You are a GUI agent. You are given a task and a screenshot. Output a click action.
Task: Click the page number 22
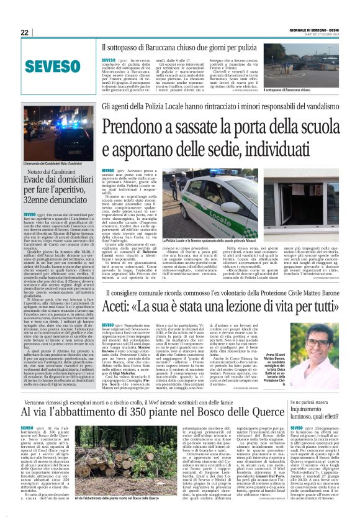[x=25, y=33]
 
